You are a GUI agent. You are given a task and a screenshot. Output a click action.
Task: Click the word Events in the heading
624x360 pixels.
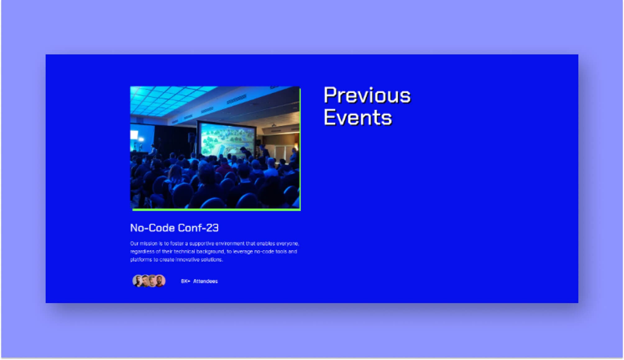[x=358, y=118]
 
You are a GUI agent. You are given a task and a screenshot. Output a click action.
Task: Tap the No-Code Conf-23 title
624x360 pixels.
[x=174, y=228]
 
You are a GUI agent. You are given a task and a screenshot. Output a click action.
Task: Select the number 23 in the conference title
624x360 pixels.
[x=212, y=228]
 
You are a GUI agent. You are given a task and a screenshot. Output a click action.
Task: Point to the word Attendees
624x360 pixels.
[x=205, y=281]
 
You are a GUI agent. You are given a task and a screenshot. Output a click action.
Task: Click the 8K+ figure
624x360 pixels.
[x=185, y=281]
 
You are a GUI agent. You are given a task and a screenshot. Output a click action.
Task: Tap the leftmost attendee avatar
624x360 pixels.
[x=137, y=281]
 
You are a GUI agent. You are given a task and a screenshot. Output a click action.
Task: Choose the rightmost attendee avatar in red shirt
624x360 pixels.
[x=160, y=281]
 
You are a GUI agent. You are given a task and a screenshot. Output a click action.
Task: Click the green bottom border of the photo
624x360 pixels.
[x=216, y=210]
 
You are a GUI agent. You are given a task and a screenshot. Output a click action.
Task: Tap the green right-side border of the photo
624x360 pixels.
[x=300, y=149]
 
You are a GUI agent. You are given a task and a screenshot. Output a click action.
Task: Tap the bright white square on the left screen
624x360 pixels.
[x=134, y=135]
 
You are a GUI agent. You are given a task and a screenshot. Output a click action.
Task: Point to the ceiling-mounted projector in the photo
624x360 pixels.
[x=273, y=126]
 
